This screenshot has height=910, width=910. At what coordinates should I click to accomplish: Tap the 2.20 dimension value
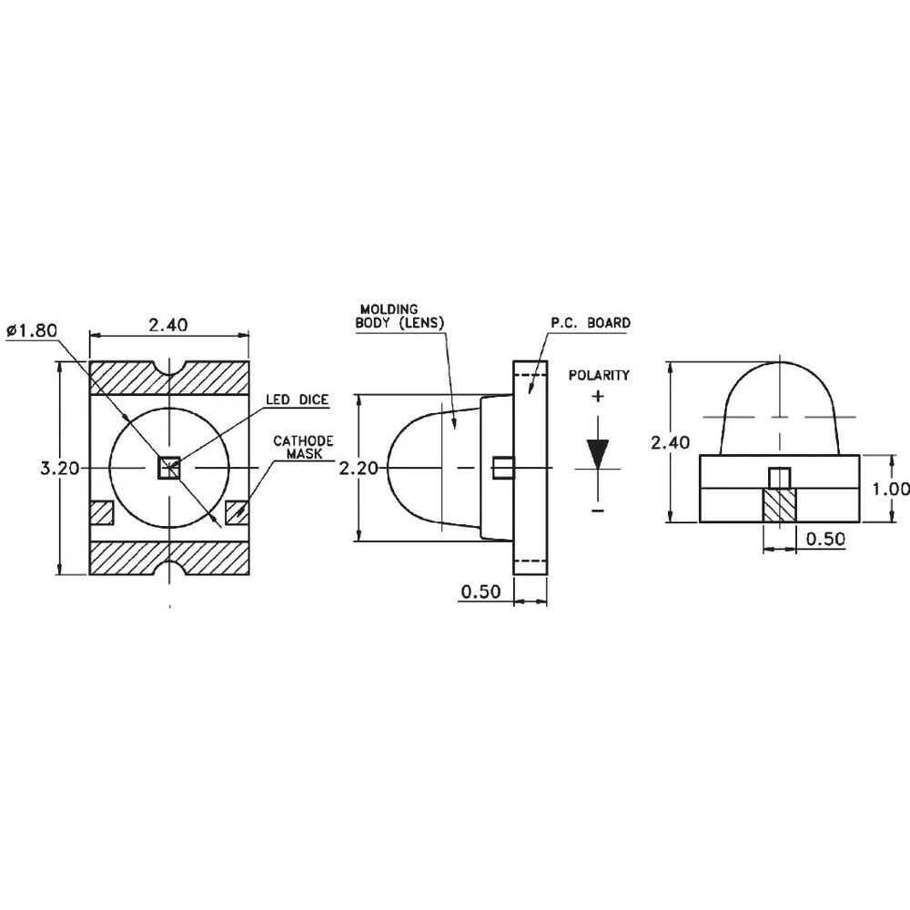(357, 468)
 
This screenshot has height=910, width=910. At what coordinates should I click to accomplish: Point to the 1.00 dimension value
(890, 489)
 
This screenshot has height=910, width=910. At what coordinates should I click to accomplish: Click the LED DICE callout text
(298, 399)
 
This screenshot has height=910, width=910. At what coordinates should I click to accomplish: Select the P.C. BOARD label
(590, 323)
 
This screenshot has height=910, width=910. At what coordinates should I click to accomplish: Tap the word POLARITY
(598, 375)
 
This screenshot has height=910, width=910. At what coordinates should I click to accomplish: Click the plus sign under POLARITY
(597, 396)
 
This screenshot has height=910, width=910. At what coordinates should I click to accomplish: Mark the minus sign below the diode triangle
(597, 511)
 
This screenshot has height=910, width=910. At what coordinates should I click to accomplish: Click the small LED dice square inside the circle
(169, 468)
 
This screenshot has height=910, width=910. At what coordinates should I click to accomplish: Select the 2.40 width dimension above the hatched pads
(169, 325)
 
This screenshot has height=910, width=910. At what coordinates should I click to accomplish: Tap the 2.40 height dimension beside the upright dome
(671, 443)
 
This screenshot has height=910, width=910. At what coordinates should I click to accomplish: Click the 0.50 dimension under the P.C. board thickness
(480, 591)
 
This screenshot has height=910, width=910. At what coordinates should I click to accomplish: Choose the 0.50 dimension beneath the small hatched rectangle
(825, 539)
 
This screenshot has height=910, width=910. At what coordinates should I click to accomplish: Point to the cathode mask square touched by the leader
(238, 512)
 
